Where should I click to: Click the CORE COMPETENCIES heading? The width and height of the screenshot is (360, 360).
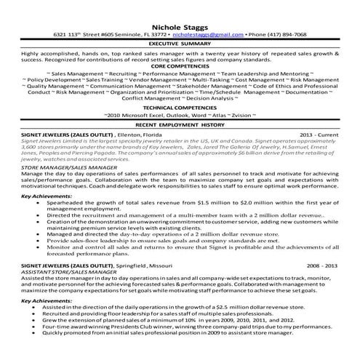180,66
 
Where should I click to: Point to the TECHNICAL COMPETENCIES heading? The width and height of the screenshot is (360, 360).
180,108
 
